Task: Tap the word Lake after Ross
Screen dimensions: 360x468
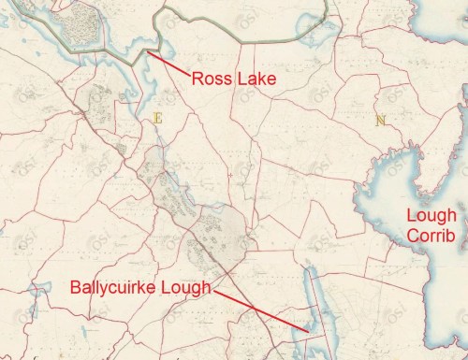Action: (256, 79)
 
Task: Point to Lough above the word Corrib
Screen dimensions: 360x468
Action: (431, 216)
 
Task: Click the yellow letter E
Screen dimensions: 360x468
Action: (156, 118)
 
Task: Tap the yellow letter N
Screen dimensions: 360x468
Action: (379, 120)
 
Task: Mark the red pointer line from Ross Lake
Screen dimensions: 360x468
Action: (169, 64)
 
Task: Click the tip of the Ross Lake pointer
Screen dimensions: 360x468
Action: (148, 52)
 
